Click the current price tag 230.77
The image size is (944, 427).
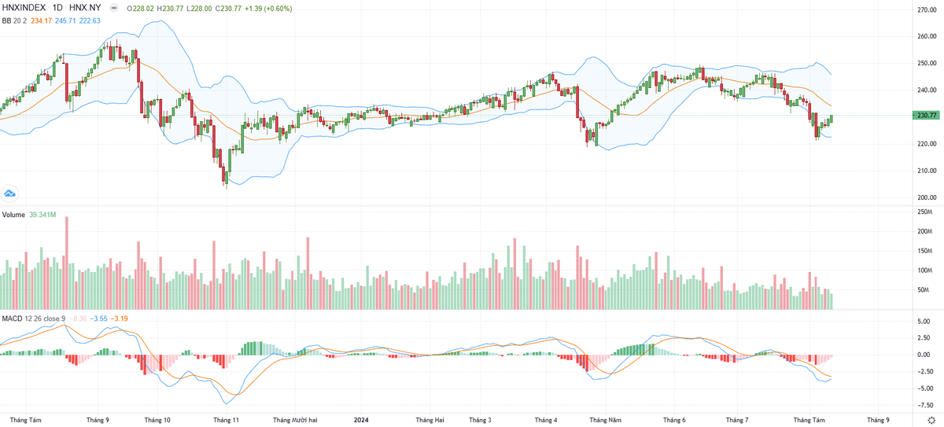tap(927, 116)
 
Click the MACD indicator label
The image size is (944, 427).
tap(11, 318)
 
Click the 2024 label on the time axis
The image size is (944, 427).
tap(360, 420)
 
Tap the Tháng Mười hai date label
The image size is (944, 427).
tap(295, 420)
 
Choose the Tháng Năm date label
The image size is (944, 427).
tap(606, 420)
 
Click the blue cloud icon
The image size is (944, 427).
tap(10, 193)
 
